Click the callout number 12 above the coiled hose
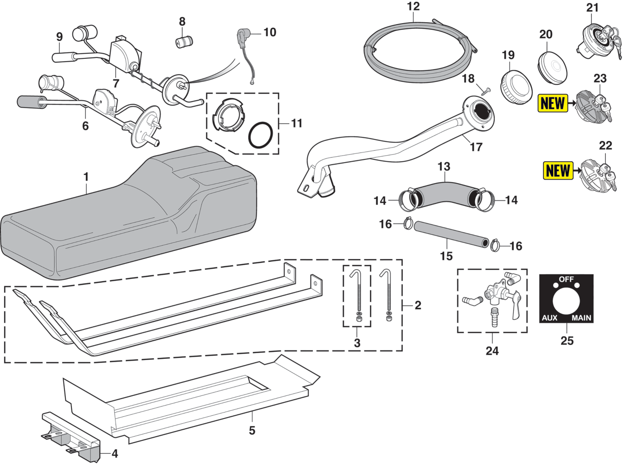pos(413,6)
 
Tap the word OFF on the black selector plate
pos(566,279)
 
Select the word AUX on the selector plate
pos(549,318)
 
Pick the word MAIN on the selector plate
pos(581,318)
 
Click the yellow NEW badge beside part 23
pos(553,103)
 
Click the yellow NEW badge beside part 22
pos(558,171)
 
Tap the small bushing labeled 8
pos(184,41)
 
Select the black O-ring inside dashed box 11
pos(260,135)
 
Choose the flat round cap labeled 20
pos(552,68)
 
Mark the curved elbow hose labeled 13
pos(444,191)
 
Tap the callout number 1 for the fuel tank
pos(86,177)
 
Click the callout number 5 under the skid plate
pos(252,431)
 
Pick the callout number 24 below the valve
pos(492,351)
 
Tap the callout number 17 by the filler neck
pos(476,147)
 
